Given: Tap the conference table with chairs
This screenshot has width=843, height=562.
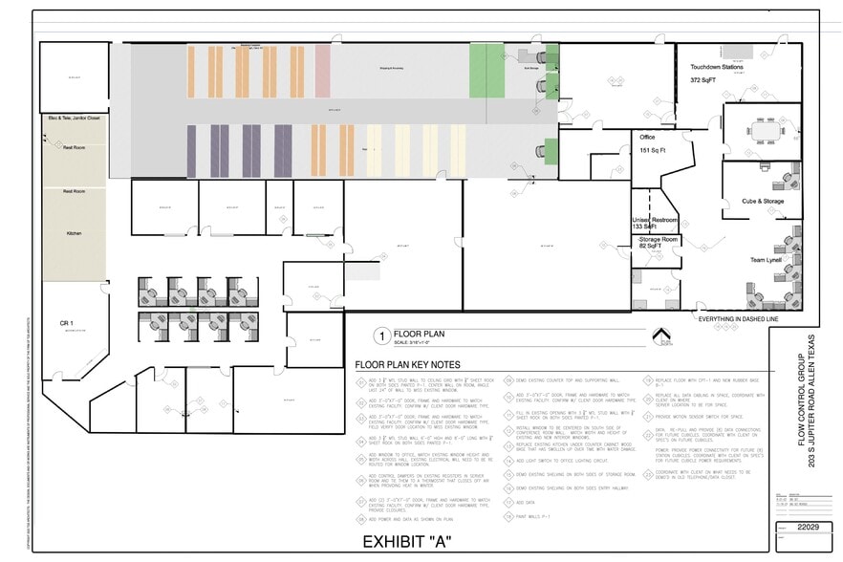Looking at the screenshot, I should pos(765,130).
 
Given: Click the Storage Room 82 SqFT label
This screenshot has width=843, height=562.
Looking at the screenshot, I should pos(657,243).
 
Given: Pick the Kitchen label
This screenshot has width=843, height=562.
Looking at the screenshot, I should pos(74,233).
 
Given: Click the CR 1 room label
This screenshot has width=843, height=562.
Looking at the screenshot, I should pos(67,322).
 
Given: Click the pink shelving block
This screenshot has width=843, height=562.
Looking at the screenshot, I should pos(323,72).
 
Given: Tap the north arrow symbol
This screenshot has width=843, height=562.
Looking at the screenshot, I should pos(659,336).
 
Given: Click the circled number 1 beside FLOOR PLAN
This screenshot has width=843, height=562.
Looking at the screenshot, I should pos(380,336).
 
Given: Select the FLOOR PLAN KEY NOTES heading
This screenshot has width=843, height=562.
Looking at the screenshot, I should pos(407,365).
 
